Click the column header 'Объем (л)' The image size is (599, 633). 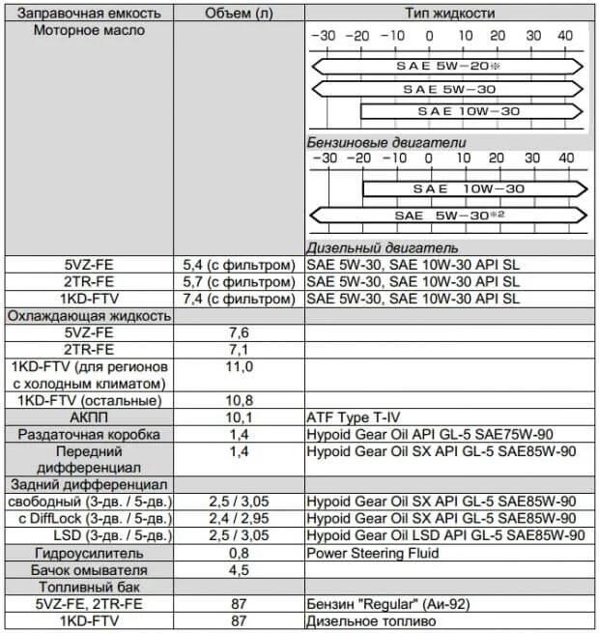tap(238, 13)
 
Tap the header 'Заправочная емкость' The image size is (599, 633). tap(88, 13)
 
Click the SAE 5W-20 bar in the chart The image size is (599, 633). tap(446, 67)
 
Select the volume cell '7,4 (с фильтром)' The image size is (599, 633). tap(238, 299)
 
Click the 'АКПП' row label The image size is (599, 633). tap(89, 417)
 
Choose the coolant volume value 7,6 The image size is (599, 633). tap(238, 331)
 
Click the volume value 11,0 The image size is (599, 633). tap(238, 367)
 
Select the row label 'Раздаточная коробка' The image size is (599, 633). tap(89, 435)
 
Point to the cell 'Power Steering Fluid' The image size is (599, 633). tap(372, 553)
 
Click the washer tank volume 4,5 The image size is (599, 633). tap(238, 570)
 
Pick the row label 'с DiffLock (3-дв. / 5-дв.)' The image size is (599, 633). tap(89, 518)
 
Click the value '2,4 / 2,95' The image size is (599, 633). tap(238, 518)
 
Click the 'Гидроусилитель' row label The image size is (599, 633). tap(89, 553)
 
